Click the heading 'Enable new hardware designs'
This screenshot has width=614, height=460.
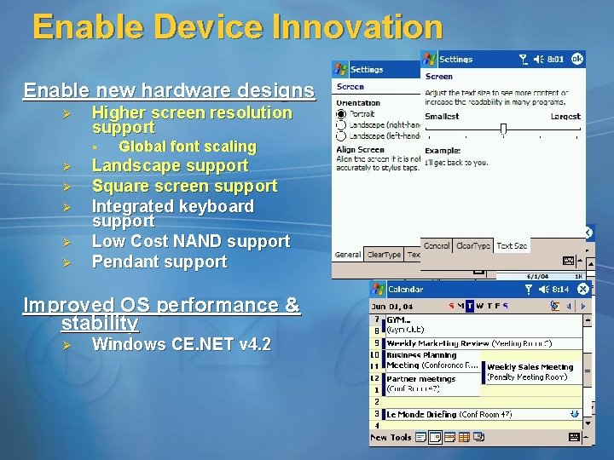169,90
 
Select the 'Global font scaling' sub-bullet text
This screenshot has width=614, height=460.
187,147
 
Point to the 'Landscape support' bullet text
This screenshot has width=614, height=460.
170,166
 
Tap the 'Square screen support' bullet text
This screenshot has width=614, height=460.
184,186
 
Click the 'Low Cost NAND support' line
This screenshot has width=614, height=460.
190,242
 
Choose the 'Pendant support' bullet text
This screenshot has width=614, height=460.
159,262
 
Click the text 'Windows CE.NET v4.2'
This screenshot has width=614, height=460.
181,344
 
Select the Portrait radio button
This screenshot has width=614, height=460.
341,113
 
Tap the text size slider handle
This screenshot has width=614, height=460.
503,129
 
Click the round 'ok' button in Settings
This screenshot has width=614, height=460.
577,59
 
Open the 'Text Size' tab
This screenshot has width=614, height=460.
512,245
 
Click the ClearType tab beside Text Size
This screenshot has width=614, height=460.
473,245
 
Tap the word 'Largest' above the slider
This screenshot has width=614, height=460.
565,116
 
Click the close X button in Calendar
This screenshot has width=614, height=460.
582,290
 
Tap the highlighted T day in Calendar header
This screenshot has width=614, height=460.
470,306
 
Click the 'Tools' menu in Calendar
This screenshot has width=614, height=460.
401,437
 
